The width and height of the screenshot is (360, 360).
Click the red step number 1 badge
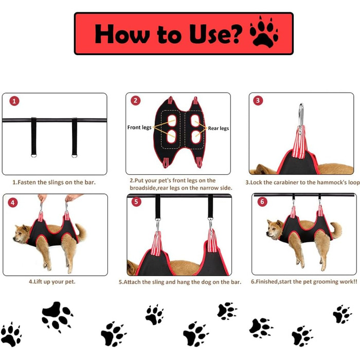coord(14,101)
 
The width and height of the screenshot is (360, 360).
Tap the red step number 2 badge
coord(135,100)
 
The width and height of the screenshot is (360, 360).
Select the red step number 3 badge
coord(258,100)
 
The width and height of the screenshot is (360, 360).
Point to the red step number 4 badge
coord(13,203)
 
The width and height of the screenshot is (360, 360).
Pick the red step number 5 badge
coord(136,202)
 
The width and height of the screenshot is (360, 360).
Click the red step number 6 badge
coord(262,202)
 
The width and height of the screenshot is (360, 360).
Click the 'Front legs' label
coord(139,128)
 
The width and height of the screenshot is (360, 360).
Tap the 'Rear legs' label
coord(219,129)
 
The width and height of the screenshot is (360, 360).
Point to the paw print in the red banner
coord(264,32)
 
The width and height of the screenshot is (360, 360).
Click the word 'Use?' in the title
coord(216,34)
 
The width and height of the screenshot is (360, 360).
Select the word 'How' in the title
coord(122,33)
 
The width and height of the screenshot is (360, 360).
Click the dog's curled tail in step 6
coord(336,229)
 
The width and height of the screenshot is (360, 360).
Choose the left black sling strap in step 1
coord(34,137)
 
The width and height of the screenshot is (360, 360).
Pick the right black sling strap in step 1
coord(75,137)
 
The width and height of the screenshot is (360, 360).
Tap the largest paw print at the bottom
coord(57,316)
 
